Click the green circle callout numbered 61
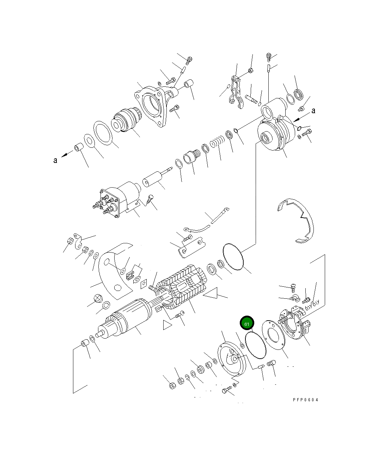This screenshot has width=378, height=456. pyautogui.click(x=247, y=324)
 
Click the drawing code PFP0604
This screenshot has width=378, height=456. pyautogui.click(x=305, y=400)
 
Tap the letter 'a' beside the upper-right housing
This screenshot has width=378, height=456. pyautogui.click(x=313, y=111)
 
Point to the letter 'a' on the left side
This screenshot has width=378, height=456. pyautogui.click(x=55, y=160)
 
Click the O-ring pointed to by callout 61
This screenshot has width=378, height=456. pyautogui.click(x=256, y=346)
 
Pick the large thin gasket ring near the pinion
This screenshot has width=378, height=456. pyautogui.click(x=103, y=132)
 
